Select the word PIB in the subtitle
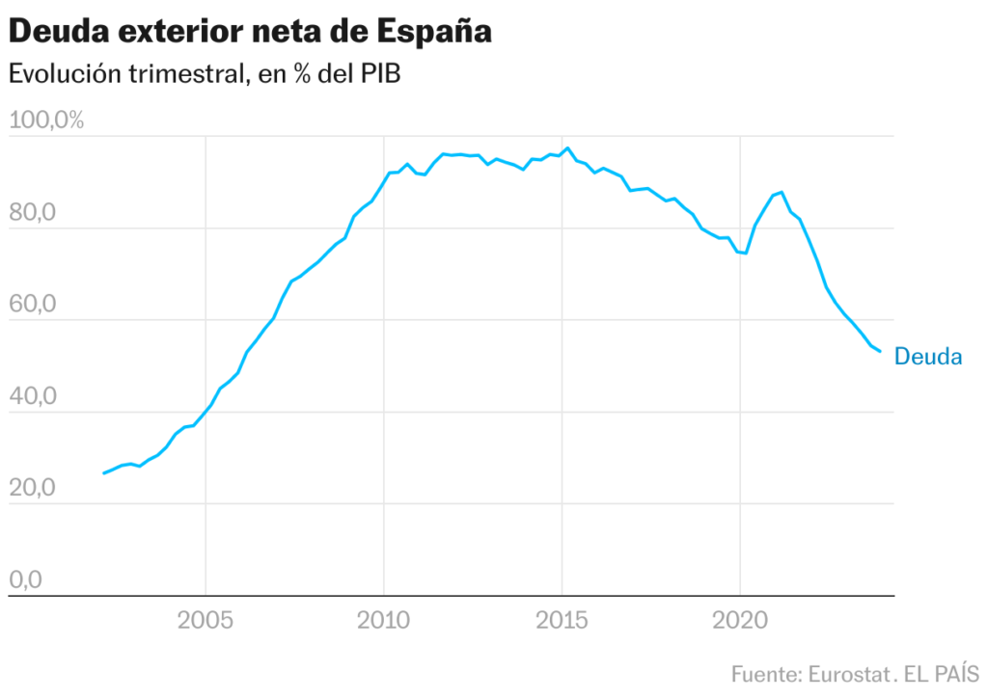(x=378, y=74)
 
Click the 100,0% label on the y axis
(x=47, y=121)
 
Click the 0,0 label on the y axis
(x=26, y=579)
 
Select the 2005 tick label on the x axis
(x=206, y=620)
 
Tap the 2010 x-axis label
(x=384, y=620)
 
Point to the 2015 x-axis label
(x=562, y=620)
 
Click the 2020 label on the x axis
(x=740, y=620)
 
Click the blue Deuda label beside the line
(x=928, y=357)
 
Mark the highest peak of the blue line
(x=567, y=148)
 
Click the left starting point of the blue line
(x=103, y=473)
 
